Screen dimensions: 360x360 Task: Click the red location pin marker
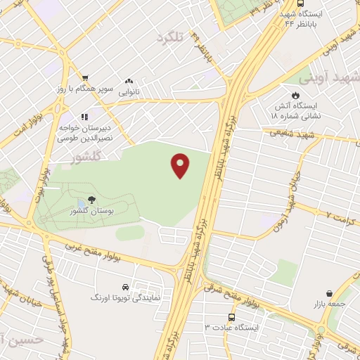181,165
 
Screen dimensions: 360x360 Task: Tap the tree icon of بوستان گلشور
91,200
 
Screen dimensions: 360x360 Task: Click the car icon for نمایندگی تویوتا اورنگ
124,288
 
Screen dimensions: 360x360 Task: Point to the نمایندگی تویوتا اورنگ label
122,298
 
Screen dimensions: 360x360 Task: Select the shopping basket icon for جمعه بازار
329,293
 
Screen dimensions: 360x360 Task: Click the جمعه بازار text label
328,304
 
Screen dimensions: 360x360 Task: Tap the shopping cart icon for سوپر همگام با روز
85,78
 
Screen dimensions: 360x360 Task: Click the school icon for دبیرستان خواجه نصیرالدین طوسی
84,117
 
